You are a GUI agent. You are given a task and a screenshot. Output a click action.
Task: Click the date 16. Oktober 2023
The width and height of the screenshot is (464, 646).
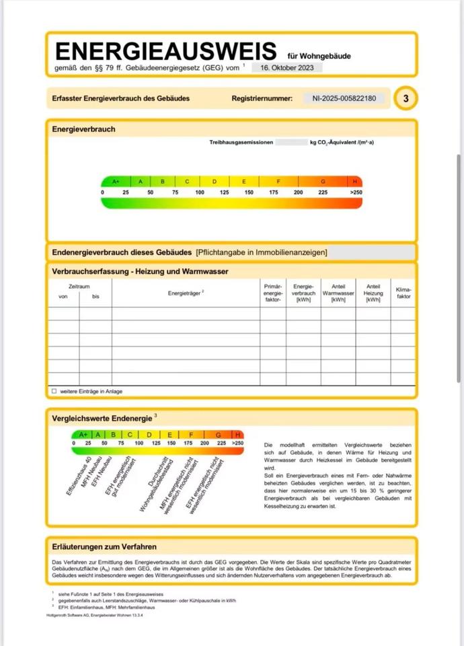[x=287, y=68]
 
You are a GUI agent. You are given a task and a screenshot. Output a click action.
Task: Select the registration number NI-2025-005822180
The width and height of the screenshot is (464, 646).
[x=344, y=98]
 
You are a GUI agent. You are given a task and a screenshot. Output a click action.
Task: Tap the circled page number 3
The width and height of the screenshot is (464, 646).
[x=405, y=98]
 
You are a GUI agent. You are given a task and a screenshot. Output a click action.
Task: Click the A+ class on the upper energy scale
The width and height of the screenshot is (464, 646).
[x=116, y=182]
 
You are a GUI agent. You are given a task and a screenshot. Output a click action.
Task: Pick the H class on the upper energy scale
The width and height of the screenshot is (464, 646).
[x=355, y=182]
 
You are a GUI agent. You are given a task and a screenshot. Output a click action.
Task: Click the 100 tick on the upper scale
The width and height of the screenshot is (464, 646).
[x=200, y=192]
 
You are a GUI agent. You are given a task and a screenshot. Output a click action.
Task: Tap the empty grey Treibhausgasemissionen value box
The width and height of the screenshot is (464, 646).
[x=291, y=143]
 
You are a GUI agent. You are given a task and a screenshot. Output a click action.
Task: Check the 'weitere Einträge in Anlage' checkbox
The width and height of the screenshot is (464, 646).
[x=54, y=391]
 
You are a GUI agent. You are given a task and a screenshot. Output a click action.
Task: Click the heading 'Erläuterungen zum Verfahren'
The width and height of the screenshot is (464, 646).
[x=104, y=547]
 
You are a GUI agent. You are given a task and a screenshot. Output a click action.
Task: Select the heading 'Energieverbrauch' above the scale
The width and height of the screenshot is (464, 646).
[x=83, y=129]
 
